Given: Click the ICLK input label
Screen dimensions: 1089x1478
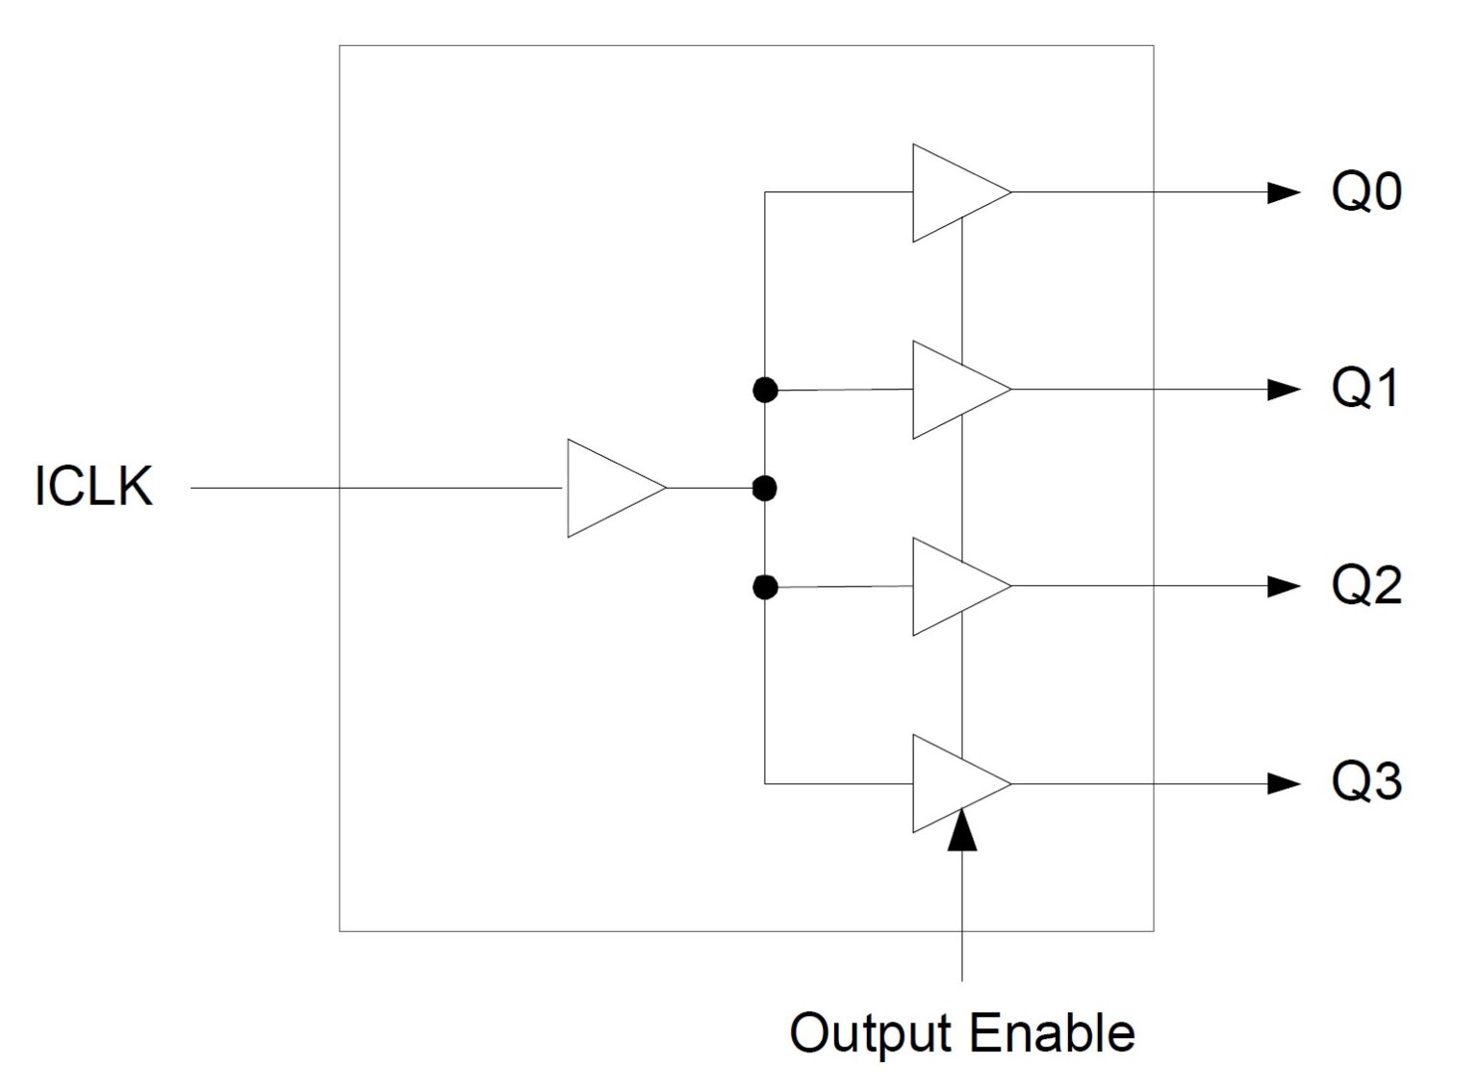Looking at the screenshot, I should point(93,486).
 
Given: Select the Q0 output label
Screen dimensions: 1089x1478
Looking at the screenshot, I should point(1366,191).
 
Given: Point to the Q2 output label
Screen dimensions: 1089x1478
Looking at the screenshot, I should point(1366,585).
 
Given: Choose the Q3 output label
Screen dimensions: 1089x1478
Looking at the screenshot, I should point(1366,782).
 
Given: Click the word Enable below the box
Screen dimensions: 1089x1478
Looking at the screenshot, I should point(1052,1032).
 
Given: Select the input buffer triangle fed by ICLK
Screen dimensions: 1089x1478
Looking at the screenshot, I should point(608,488).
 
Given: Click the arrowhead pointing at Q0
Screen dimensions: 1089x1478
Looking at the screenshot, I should point(1283,192).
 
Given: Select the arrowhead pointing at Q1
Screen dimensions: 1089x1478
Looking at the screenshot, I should point(1283,390).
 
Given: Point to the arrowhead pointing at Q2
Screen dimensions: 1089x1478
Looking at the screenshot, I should point(1283,586).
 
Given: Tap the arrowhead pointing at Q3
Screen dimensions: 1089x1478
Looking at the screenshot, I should point(1283,783).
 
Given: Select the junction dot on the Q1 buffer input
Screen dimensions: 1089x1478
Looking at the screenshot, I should point(765,390).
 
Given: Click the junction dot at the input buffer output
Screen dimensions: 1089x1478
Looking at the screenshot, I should point(764,489).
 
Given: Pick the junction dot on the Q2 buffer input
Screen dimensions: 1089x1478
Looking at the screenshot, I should point(765,587).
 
